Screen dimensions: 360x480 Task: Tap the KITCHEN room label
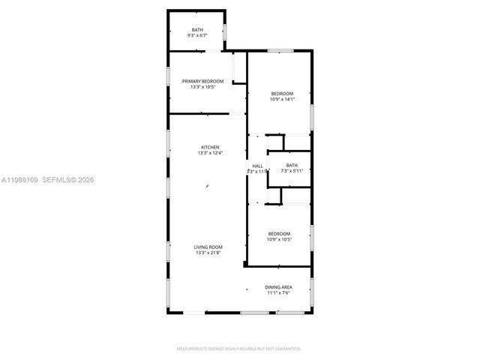pyautogui.click(x=209, y=147)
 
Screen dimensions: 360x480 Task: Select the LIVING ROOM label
pyautogui.click(x=208, y=247)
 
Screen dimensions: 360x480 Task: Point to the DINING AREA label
pyautogui.click(x=278, y=287)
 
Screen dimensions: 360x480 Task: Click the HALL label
pyautogui.click(x=257, y=166)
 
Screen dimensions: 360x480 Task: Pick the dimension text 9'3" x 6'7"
pyautogui.click(x=197, y=35)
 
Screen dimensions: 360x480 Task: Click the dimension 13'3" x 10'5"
pyautogui.click(x=202, y=87)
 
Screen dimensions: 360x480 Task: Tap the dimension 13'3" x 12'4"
pyautogui.click(x=209, y=153)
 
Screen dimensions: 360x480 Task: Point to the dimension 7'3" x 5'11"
pyautogui.click(x=292, y=171)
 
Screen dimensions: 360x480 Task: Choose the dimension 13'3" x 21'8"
pyautogui.click(x=208, y=253)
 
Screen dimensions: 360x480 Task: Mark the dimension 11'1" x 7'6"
pyautogui.click(x=279, y=293)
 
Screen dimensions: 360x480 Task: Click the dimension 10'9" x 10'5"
pyautogui.click(x=279, y=240)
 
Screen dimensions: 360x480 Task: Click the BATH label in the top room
pyautogui.click(x=196, y=29)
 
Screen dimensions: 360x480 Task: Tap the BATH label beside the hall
pyautogui.click(x=292, y=165)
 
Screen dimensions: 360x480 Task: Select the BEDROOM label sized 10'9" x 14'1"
pyautogui.click(x=282, y=93)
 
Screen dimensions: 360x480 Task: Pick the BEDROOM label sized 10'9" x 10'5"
pyautogui.click(x=279, y=234)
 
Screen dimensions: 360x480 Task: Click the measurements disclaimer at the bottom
pyautogui.click(x=239, y=349)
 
